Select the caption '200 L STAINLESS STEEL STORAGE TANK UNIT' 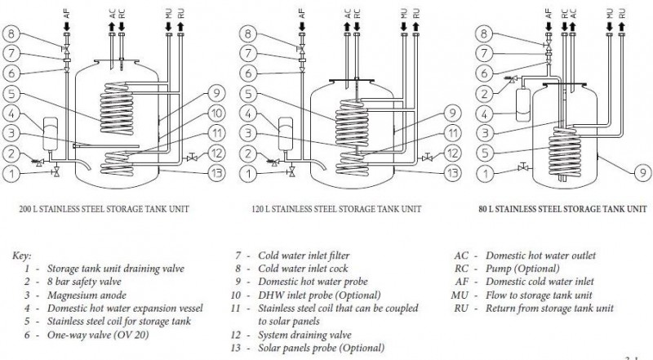coord(104,210)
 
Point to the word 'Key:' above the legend coord(23,255)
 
